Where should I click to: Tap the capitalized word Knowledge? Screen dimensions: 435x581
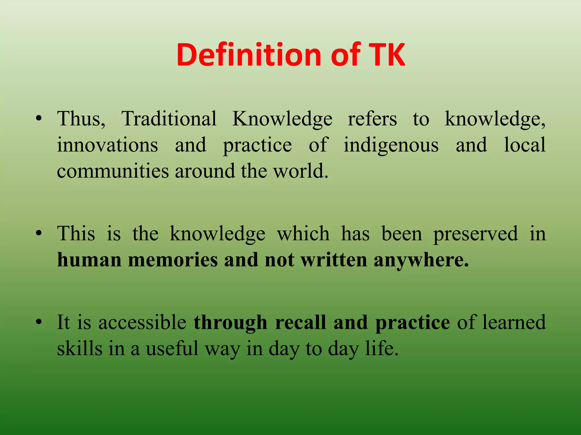[x=282, y=119]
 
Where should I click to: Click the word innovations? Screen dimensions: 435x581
[x=108, y=145]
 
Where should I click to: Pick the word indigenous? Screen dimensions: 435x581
[x=391, y=145]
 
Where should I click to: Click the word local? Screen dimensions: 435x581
[x=525, y=145]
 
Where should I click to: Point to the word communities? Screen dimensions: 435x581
[x=113, y=171]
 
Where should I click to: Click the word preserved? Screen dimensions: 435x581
[x=475, y=234]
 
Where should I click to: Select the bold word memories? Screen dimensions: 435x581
[x=173, y=260]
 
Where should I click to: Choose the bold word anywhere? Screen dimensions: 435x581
[x=421, y=260]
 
